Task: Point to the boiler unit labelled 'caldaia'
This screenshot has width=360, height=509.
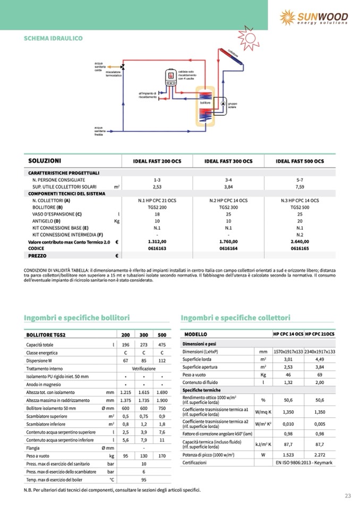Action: [x=172, y=77]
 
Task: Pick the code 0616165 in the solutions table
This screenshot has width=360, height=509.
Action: [x=300, y=248]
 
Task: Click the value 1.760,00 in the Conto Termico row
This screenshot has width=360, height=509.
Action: [x=228, y=241]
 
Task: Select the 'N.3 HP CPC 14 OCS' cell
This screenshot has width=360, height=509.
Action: [x=300, y=201]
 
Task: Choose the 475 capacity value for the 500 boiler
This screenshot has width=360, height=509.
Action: [x=162, y=345]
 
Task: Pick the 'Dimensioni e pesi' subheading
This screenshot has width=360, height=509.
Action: [x=201, y=343]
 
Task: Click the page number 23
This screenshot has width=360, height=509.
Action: [x=348, y=496]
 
